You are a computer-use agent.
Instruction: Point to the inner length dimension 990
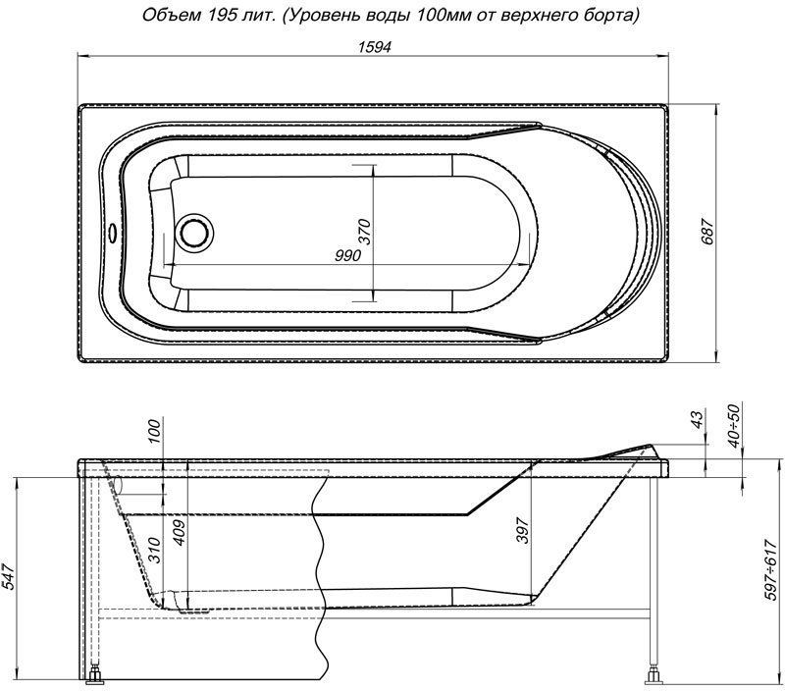[347, 255]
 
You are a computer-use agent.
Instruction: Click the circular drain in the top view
[193, 232]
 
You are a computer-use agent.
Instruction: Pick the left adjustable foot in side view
[99, 675]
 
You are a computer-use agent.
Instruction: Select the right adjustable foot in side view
[651, 675]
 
